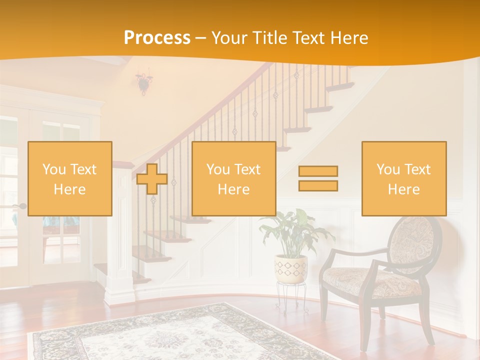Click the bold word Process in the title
coord(157,38)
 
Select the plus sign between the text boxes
coord(152,179)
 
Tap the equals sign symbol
coord(318,178)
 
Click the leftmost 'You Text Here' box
coord(70,178)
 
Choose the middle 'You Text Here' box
coord(233,178)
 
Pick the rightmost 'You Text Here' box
coord(403,178)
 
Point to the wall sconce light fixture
coord(144,82)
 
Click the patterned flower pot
coord(290,268)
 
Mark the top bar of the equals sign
coord(318,171)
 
